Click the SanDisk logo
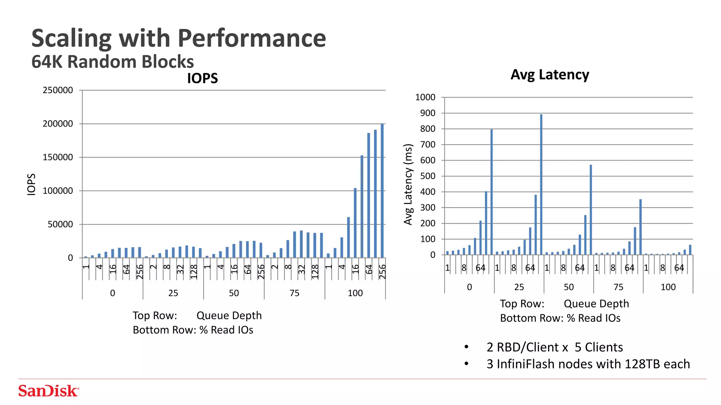(48, 391)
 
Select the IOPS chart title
(202, 78)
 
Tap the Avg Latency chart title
(550, 75)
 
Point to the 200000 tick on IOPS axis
(58, 124)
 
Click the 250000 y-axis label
(58, 90)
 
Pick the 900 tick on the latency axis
(427, 113)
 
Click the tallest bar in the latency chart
(541, 185)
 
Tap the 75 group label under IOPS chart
(294, 293)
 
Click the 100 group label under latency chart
(668, 287)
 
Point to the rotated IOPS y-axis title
(31, 184)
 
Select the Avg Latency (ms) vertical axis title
(408, 184)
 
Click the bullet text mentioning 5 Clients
(554, 347)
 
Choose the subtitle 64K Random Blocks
(112, 62)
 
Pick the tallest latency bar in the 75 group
(640, 227)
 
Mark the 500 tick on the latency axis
(427, 176)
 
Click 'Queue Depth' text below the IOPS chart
(229, 315)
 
